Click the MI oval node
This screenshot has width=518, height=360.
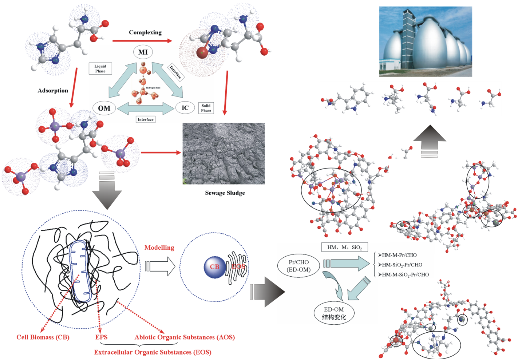tap(143, 52)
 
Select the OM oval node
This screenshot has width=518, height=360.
tap(104, 108)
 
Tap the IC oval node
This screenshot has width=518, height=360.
tap(185, 108)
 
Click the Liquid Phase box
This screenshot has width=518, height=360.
tap(100, 68)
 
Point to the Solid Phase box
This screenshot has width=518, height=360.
tap(206, 108)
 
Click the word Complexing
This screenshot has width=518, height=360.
tap(145, 32)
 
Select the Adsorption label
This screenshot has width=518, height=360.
tap(53, 91)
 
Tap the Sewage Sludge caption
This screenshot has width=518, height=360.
tap(225, 193)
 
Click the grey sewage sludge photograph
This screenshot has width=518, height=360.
tap(224, 153)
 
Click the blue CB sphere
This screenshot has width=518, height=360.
tap(215, 267)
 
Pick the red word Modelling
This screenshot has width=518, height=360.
tap(159, 248)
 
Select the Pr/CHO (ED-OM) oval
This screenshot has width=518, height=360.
tap(298, 266)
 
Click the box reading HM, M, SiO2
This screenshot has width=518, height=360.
tap(344, 248)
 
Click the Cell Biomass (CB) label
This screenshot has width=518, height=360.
tap(43, 337)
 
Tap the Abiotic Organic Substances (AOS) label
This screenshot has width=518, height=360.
tap(185, 337)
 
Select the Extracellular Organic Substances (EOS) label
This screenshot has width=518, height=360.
tap(153, 352)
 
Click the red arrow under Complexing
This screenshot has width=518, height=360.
tap(142, 41)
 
